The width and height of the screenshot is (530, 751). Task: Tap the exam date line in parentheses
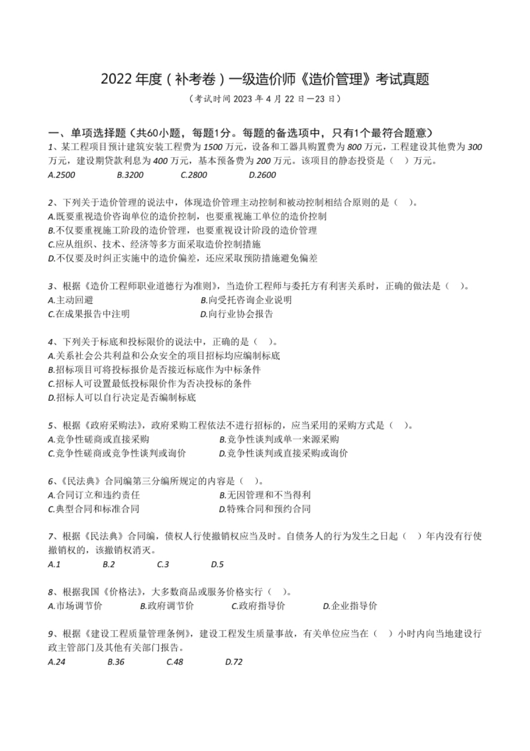point(265,99)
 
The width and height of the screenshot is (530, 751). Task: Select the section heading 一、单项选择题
point(87,133)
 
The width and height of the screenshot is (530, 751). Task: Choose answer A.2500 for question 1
point(61,175)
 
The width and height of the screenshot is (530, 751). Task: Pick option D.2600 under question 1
point(262,175)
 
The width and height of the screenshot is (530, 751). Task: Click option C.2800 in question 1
point(194,175)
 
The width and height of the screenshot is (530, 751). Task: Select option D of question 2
point(182,258)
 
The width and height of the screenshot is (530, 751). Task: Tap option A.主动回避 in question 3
point(70,300)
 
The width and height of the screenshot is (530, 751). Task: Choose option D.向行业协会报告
point(237,314)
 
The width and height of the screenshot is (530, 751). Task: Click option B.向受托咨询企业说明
point(246,300)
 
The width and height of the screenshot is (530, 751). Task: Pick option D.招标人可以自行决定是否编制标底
point(122,398)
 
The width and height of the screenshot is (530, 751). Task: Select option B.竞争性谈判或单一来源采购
point(279,439)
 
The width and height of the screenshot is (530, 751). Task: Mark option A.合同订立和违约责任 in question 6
point(94,495)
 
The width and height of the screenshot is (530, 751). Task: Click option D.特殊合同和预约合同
point(264,509)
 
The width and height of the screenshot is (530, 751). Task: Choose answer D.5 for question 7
point(217,565)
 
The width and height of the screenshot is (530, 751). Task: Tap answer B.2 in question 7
point(109,565)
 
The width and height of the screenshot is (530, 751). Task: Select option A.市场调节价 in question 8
point(75,606)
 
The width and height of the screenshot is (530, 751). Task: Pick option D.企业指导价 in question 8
point(350,606)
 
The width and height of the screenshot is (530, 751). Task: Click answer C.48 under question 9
point(175,662)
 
